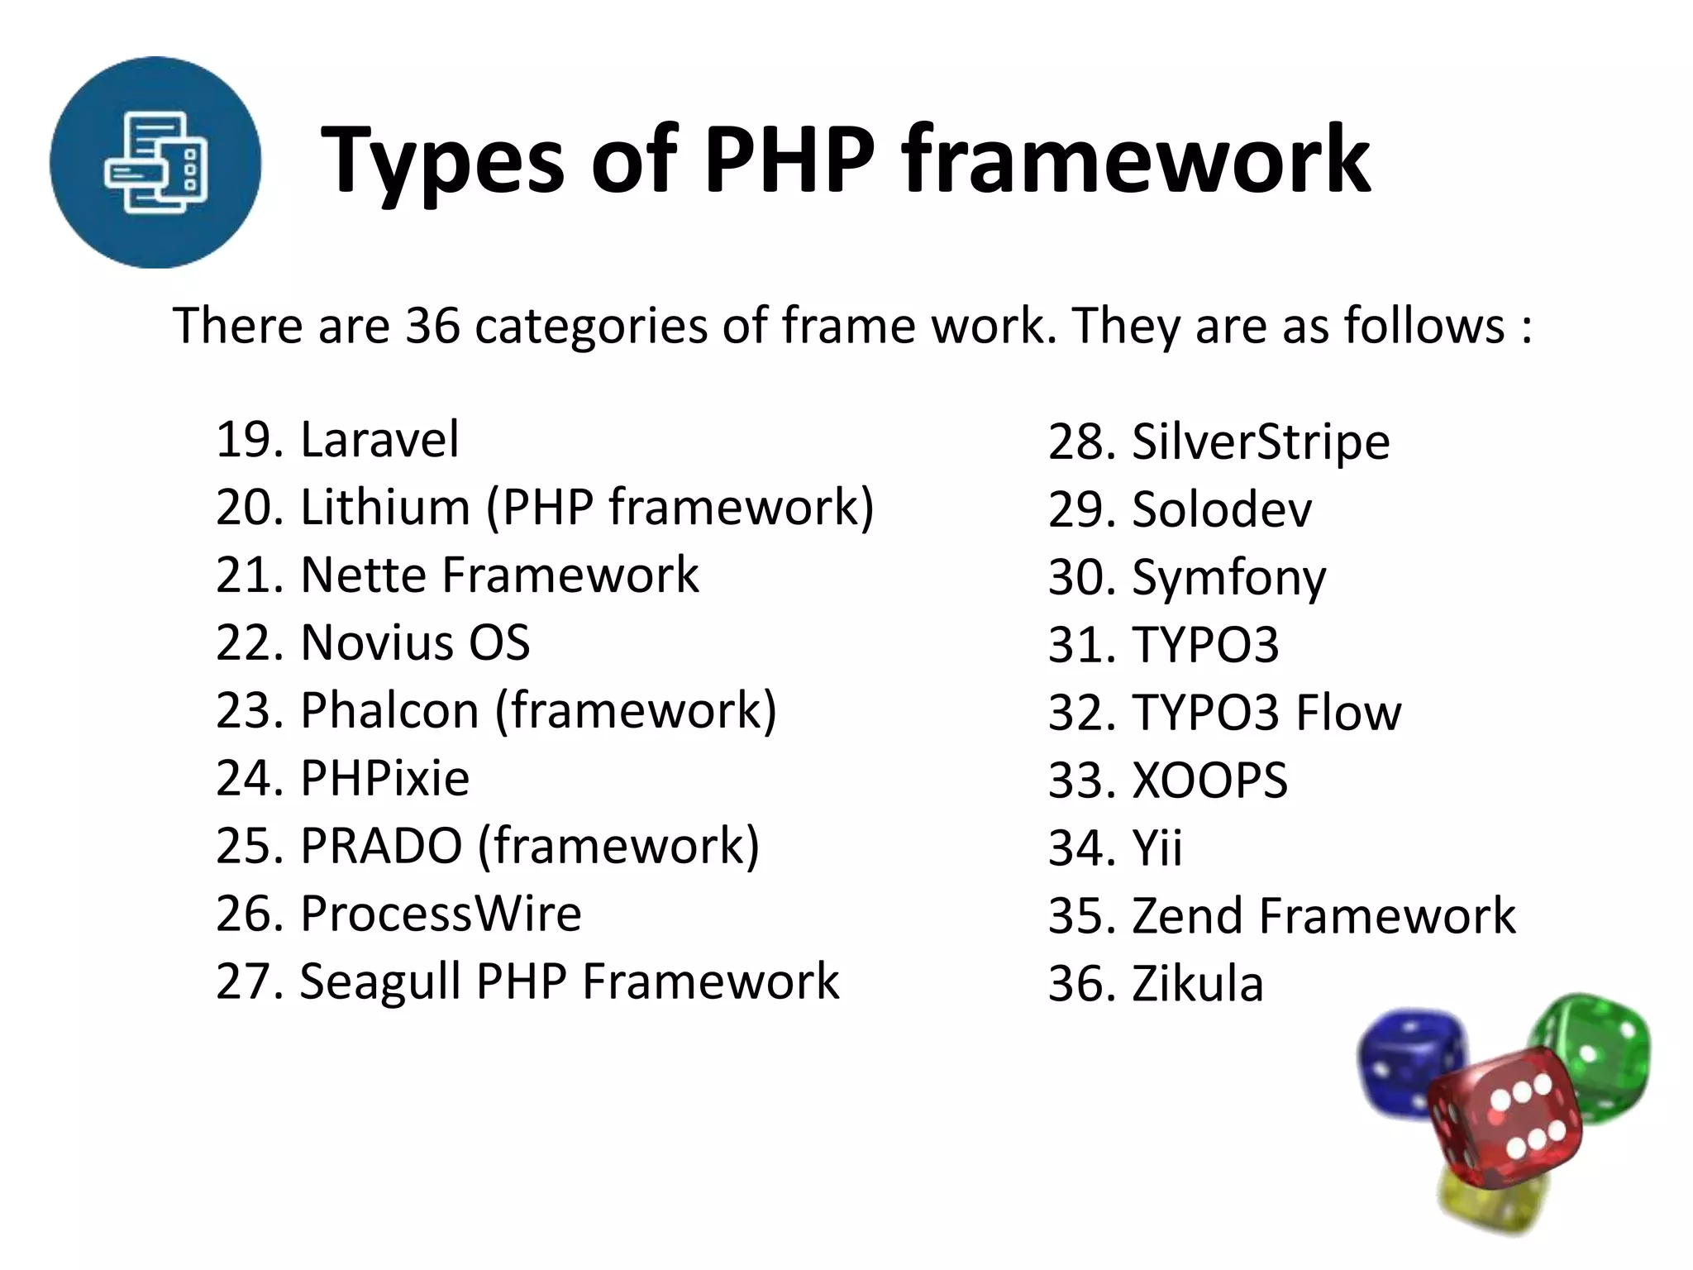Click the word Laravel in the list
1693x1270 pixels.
coord(379,439)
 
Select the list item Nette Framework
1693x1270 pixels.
coord(457,575)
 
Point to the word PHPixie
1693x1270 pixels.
coord(384,778)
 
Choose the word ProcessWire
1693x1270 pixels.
coord(441,914)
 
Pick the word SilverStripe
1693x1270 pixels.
coord(1261,442)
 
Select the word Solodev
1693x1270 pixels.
coord(1221,509)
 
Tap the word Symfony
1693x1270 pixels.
coord(1228,578)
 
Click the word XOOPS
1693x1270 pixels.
coord(1209,781)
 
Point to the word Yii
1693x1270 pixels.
coord(1157,848)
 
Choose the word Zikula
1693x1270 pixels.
coord(1198,984)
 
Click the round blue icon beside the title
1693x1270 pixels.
coord(155,162)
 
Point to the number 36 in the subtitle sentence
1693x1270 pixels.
coord(432,325)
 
